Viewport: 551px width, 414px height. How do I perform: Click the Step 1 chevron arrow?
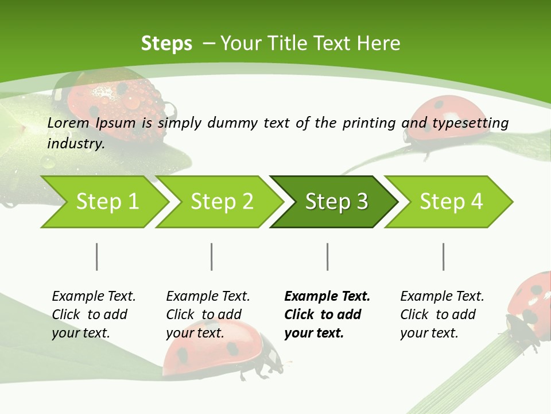coord(107,202)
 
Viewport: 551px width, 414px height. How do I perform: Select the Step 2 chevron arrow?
coord(222,202)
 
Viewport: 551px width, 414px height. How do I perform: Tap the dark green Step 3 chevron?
coord(336,202)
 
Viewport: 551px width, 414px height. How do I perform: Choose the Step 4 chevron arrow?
coord(451,202)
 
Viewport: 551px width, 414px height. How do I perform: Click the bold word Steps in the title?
coord(166,44)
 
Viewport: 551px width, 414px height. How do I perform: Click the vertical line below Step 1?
coord(97,256)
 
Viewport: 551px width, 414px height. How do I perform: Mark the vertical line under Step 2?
coord(212,256)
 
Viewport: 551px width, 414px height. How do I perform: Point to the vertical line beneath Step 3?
coord(328,256)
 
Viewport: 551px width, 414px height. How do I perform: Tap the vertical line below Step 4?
coord(444,256)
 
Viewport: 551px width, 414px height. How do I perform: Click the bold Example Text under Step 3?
coord(327,296)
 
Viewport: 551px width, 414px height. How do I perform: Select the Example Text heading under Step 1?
coord(94,296)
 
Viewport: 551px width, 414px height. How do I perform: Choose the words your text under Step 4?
coord(429,333)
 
